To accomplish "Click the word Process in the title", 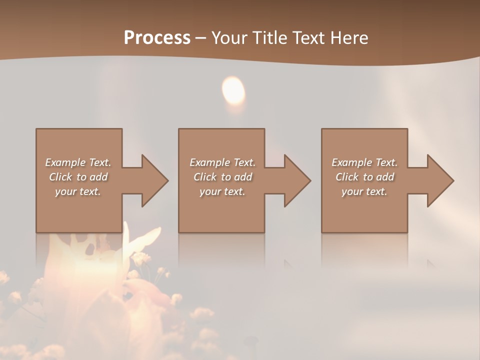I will point(157,38).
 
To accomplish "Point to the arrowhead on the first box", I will point(152,180).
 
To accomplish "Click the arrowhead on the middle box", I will point(295,180).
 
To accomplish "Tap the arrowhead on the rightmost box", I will point(438,180).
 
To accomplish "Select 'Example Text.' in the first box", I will point(78,162).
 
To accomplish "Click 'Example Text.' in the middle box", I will point(222,162).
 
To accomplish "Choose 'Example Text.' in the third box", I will point(364,162).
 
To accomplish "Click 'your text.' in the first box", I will point(78,191).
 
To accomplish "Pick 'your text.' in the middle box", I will point(222,191).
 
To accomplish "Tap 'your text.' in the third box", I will point(364,191).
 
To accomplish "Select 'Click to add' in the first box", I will point(78,177).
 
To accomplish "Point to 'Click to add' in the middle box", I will point(222,177).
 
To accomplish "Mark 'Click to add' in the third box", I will point(364,177).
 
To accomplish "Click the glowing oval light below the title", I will point(233,90).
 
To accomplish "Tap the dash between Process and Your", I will point(201,38).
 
